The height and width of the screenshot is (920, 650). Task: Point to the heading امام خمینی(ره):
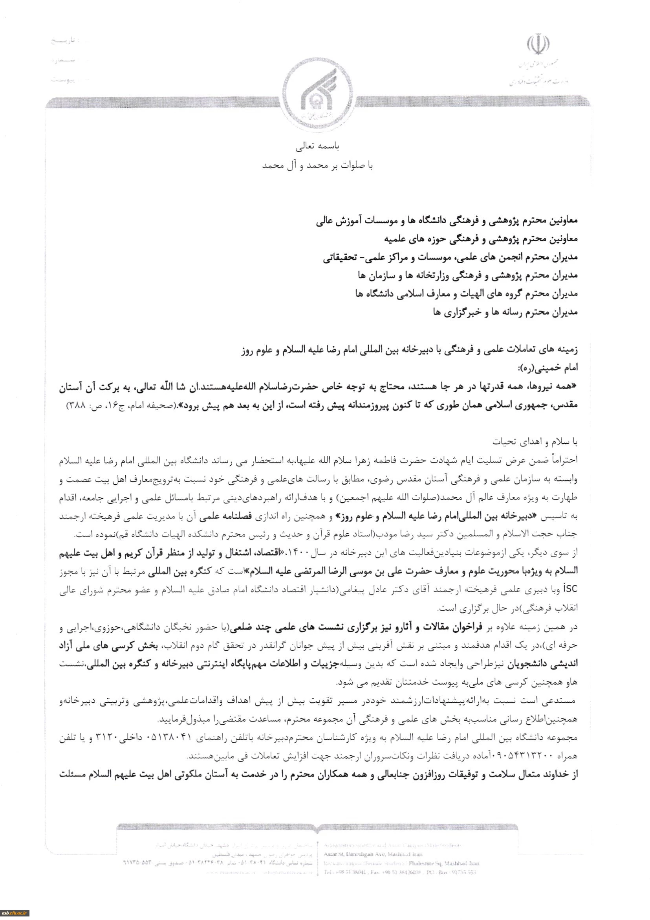coord(557,367)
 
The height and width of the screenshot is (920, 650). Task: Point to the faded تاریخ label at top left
coord(66,41)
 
